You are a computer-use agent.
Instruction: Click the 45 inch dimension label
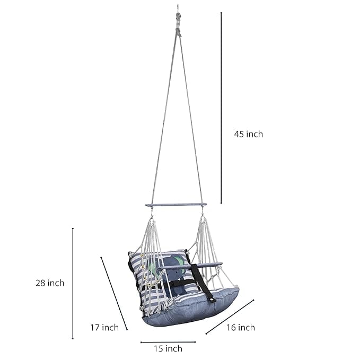point(248,134)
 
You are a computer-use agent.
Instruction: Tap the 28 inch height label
point(50,283)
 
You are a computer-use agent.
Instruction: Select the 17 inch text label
point(104,328)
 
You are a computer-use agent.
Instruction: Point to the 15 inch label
point(168,348)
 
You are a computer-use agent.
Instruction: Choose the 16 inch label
point(240,328)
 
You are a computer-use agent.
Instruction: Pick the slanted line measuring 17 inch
point(114,293)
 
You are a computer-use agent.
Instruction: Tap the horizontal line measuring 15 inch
point(168,342)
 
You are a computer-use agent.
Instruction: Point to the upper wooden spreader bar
point(176,205)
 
